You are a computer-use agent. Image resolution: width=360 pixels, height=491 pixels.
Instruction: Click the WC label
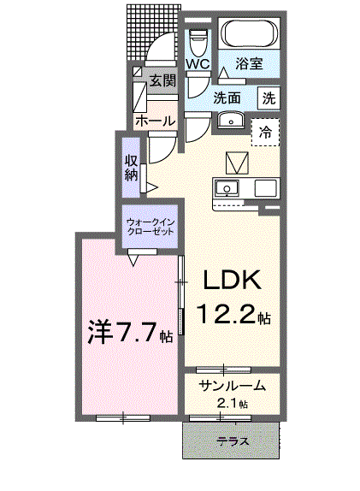198,64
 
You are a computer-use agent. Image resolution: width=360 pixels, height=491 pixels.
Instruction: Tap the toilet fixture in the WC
198,39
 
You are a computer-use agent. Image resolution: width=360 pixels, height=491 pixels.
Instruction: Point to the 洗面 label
226,98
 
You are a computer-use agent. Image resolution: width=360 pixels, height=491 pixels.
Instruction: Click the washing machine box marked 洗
269,98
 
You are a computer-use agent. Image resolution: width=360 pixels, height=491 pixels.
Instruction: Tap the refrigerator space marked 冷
266,132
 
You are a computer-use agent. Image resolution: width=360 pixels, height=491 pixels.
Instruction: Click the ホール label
155,120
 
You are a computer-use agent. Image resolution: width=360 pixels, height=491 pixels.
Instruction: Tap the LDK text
230,281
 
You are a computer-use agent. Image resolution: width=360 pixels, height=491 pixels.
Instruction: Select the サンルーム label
227,387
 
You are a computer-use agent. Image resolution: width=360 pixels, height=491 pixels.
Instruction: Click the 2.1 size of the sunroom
228,403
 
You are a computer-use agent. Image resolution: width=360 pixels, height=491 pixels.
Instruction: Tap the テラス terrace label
233,441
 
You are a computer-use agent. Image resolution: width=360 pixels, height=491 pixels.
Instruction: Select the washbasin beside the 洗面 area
229,121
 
